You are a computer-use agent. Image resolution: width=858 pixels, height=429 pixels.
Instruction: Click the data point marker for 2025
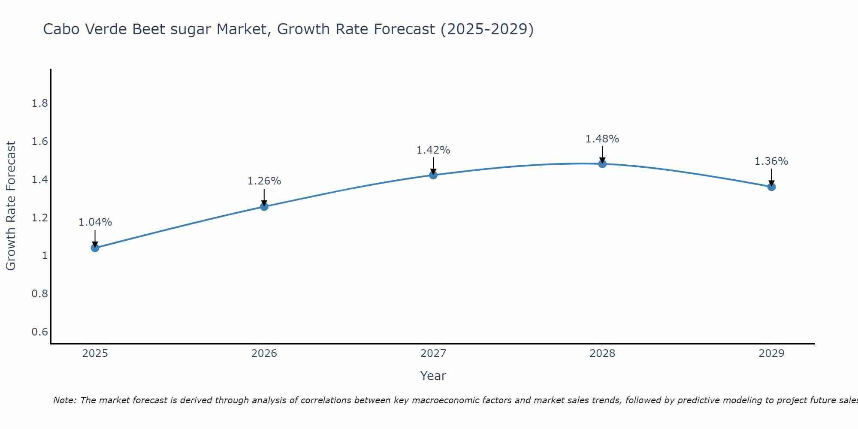point(95,248)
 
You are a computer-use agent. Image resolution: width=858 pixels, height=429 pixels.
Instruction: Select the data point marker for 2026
point(264,207)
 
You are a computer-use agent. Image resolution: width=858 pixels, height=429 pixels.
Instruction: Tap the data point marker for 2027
point(433,175)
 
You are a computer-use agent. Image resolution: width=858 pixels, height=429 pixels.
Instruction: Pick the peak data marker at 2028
point(602,164)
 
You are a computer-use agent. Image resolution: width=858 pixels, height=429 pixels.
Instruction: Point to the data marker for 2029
point(771,187)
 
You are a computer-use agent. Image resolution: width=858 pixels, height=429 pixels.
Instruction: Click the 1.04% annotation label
point(95,222)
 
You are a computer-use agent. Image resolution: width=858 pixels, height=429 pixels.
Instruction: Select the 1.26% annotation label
point(264,181)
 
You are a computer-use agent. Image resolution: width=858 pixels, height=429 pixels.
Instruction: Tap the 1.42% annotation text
point(433,150)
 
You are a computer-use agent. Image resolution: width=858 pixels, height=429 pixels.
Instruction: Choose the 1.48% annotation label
point(602,139)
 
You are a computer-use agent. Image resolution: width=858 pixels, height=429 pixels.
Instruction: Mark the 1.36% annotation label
point(771,161)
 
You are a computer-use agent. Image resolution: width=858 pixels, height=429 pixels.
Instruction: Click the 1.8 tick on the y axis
point(40,103)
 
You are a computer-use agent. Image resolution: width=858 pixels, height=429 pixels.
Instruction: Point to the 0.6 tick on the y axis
point(40,332)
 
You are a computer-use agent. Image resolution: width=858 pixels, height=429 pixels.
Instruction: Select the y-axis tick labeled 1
point(45,256)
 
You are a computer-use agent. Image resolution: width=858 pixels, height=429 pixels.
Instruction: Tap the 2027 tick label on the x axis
point(433,353)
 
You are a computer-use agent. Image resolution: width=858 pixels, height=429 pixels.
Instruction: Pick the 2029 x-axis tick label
point(771,353)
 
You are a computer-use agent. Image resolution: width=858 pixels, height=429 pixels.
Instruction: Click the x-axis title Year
point(433,376)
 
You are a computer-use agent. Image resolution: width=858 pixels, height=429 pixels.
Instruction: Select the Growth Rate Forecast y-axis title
point(11,206)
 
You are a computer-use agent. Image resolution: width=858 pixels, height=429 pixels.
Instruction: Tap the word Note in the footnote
point(64,400)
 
